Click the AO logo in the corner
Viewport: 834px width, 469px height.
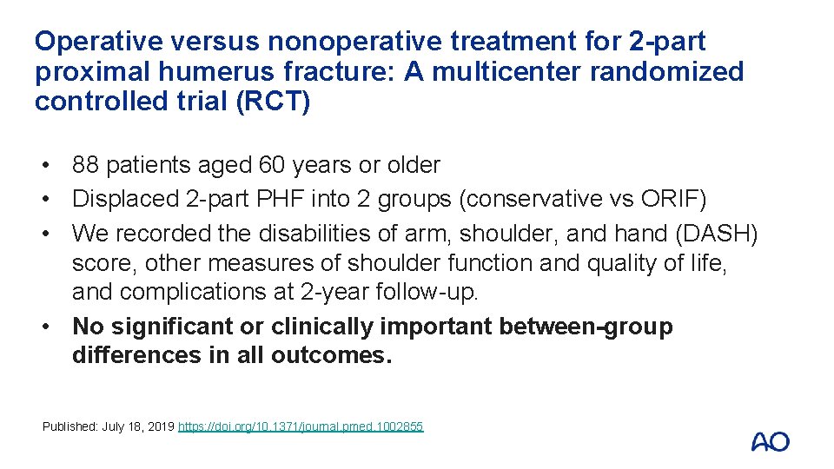pos(770,441)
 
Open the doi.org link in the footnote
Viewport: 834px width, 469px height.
pos(301,427)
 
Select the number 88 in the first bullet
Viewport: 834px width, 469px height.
pos(85,165)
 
